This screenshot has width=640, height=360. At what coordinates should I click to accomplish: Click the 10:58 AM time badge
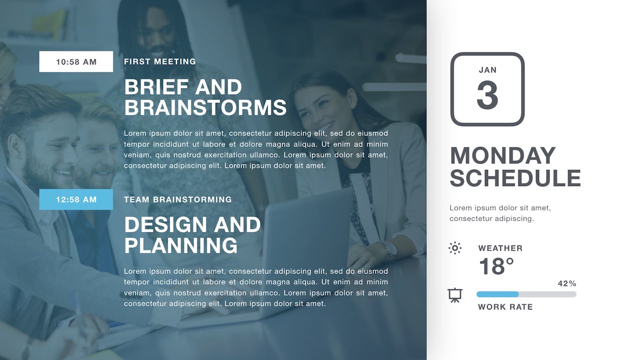[76, 61]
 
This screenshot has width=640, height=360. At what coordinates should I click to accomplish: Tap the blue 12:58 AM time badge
[76, 199]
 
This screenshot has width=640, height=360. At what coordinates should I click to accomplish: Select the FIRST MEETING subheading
[160, 61]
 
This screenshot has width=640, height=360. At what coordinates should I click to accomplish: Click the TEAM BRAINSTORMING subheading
[177, 199]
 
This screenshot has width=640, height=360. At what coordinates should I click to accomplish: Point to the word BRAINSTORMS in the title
[205, 107]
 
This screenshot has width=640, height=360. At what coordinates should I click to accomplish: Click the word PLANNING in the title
[181, 245]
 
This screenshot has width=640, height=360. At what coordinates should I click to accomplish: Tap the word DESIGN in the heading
[165, 224]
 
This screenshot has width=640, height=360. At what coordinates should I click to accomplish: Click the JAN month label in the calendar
[487, 70]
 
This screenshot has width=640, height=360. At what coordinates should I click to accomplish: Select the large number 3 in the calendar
[487, 95]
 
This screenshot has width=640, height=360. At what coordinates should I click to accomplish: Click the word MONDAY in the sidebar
[503, 155]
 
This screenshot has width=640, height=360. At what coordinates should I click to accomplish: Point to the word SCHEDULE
[515, 177]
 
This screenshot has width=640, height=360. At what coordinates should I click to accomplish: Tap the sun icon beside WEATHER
[455, 248]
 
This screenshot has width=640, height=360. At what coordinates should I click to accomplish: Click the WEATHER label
[500, 248]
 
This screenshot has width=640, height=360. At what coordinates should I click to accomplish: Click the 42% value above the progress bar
[567, 283]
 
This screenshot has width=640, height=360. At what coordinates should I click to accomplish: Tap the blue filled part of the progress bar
[497, 294]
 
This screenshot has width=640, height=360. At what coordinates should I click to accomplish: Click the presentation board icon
[455, 295]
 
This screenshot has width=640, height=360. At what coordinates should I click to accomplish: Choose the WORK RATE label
[505, 307]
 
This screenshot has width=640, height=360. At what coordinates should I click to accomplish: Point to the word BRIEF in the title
[156, 87]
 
